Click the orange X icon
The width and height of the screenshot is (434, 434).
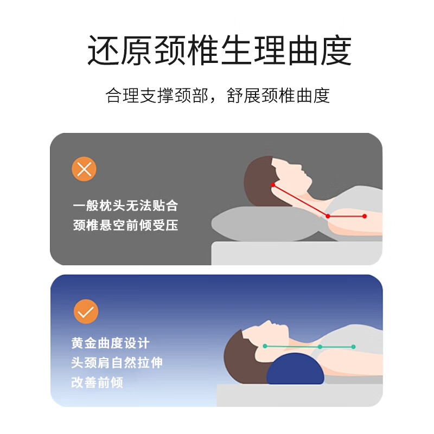click(x=84, y=169)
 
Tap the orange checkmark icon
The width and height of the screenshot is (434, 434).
click(x=86, y=311)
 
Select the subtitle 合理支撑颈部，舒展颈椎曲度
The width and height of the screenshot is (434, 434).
click(x=218, y=95)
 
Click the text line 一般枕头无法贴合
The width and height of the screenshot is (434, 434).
click(x=125, y=206)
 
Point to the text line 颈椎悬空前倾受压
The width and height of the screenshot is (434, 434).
click(x=125, y=225)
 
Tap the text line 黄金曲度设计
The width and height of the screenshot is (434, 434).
click(x=110, y=343)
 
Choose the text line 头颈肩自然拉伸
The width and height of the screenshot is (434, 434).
click(x=117, y=363)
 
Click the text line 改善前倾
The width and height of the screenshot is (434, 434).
click(x=97, y=382)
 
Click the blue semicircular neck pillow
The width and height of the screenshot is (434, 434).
click(x=294, y=369)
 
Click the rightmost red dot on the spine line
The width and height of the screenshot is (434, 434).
click(x=365, y=216)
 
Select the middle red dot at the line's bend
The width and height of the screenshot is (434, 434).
click(x=328, y=216)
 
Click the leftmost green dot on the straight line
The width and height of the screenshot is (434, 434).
click(x=265, y=346)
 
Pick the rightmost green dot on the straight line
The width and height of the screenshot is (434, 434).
click(x=353, y=346)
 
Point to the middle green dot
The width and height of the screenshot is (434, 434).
click(x=320, y=346)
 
